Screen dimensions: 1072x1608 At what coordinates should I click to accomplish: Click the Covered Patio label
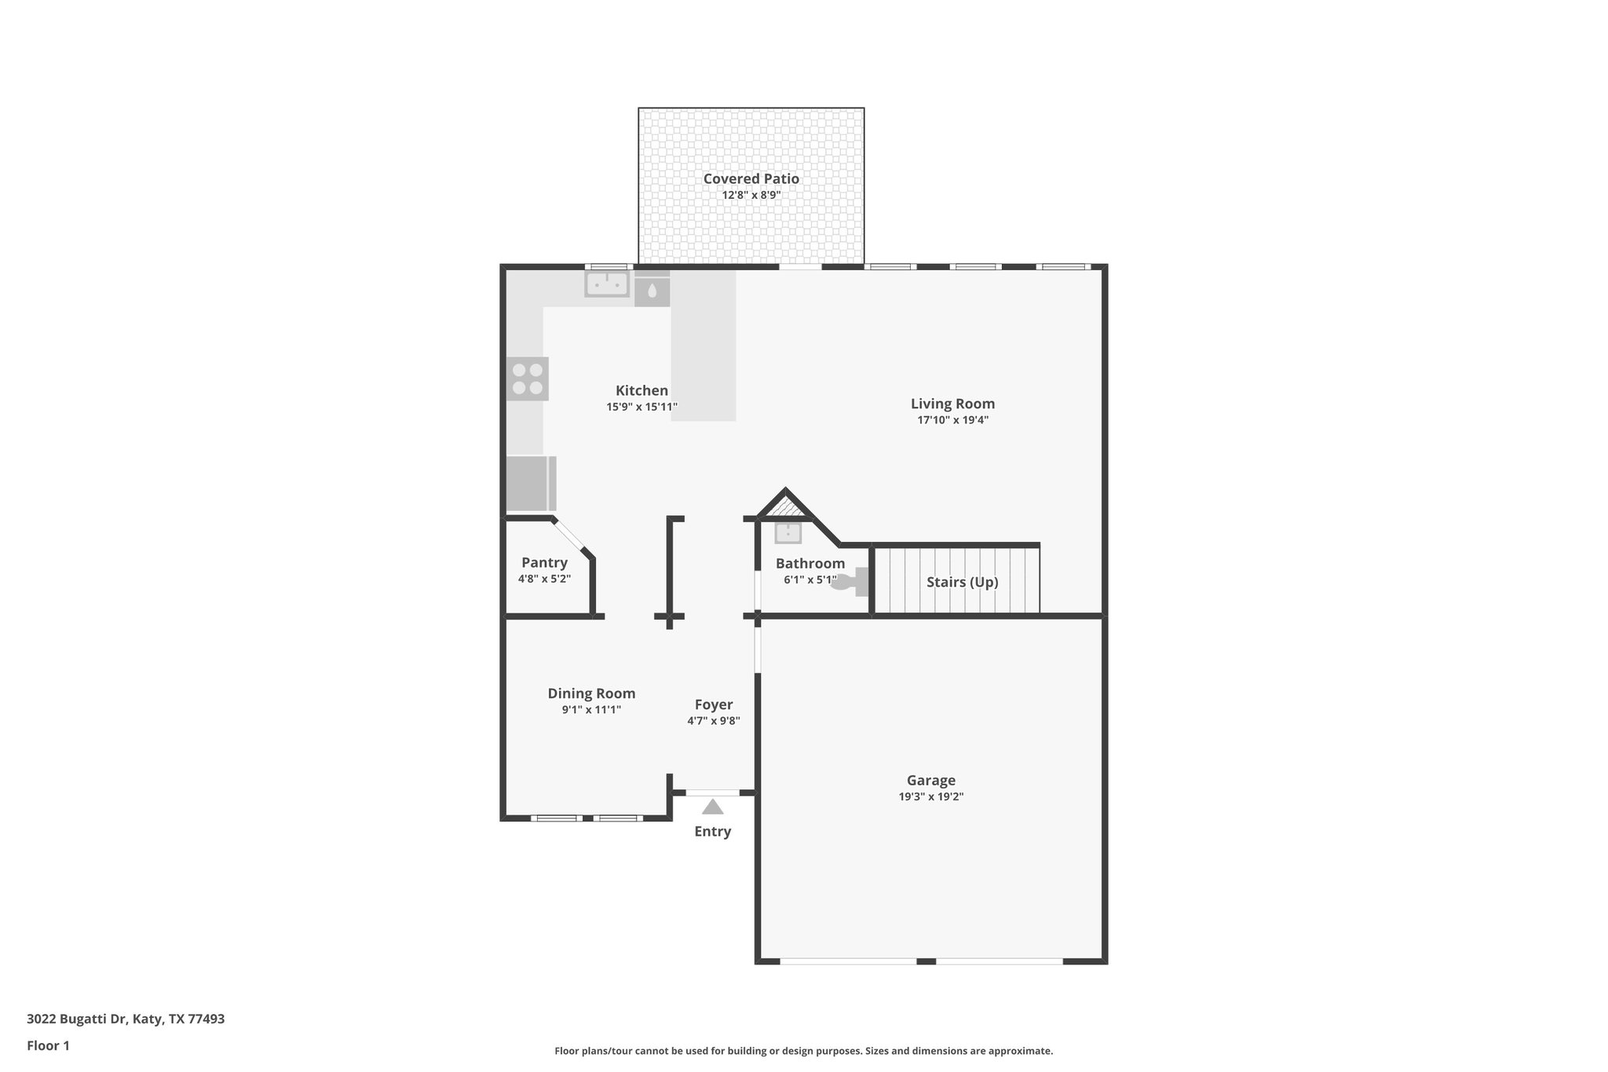751,179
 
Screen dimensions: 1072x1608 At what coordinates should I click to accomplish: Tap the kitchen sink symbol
607,284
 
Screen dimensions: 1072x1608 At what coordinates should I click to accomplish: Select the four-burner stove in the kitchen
527,379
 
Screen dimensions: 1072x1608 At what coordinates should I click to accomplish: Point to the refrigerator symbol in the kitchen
529,483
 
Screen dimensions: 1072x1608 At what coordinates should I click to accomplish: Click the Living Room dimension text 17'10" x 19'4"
952,420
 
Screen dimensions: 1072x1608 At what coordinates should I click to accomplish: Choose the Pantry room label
544,562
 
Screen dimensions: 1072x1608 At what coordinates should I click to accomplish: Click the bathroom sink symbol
788,533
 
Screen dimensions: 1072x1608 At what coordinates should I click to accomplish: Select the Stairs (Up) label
962,582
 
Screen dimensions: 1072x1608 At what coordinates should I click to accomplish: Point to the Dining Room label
591,693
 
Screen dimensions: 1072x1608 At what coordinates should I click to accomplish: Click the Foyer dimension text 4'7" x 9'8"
713,721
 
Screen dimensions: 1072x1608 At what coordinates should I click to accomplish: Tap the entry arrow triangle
712,807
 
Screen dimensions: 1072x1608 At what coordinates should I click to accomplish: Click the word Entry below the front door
712,832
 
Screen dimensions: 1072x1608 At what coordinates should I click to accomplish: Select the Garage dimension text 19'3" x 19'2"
930,796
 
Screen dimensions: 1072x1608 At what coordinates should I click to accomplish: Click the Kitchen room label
641,390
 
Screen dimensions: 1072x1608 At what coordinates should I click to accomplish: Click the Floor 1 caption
48,1045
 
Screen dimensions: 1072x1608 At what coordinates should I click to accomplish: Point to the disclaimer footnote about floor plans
803,1051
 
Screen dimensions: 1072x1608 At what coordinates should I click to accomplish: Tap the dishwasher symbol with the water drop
652,291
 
